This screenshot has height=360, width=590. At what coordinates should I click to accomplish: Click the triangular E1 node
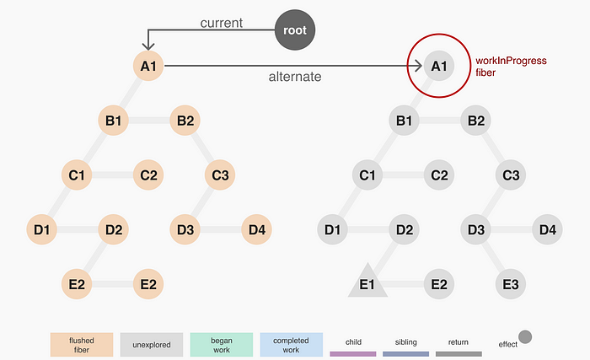(x=367, y=282)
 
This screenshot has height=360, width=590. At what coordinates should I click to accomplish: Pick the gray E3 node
(x=511, y=284)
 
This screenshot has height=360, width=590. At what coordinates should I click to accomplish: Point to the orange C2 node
(x=149, y=175)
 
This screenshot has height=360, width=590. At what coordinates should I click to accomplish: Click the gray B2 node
(x=476, y=121)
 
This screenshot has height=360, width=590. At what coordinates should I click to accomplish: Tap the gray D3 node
(x=476, y=228)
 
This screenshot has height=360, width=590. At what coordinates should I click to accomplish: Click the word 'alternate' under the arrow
(x=294, y=77)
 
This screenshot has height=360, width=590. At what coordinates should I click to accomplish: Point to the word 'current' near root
(x=222, y=23)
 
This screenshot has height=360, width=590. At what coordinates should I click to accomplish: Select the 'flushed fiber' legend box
(x=82, y=344)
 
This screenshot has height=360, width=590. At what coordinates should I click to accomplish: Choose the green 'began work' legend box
(x=222, y=344)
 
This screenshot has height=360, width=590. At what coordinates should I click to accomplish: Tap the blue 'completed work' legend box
(x=292, y=344)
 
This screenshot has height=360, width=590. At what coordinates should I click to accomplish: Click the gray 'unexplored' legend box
(x=152, y=344)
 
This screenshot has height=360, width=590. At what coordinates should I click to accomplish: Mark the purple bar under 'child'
(x=353, y=354)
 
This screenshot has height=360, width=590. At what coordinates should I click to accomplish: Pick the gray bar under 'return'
(x=459, y=354)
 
